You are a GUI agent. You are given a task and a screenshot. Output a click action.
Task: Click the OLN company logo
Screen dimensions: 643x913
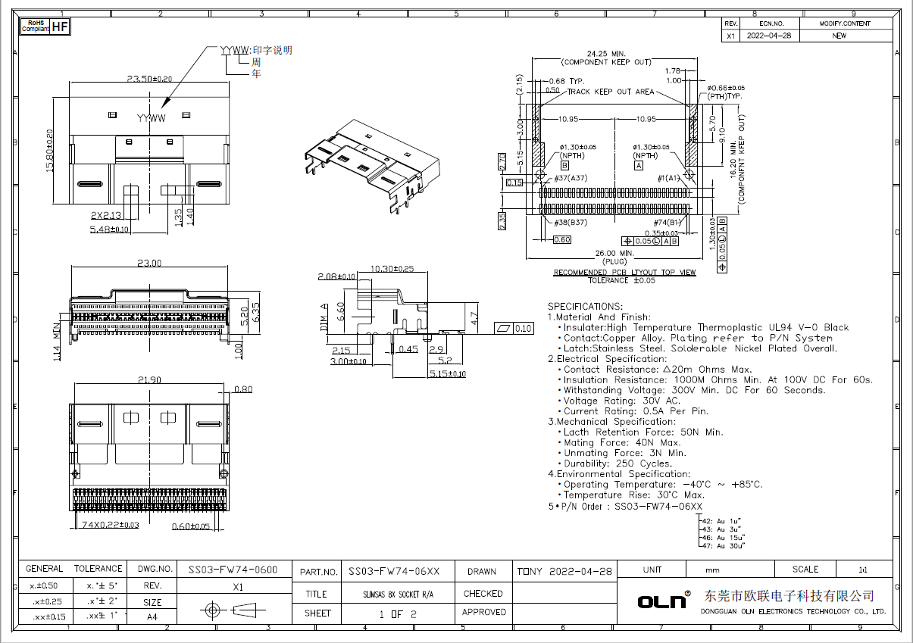coord(661,601)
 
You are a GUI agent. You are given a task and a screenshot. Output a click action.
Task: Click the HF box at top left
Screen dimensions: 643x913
coord(61,27)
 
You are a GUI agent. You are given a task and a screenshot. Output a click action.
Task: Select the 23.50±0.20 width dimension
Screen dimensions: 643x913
coord(149,78)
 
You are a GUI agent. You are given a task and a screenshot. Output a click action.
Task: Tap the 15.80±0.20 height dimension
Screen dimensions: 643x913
coord(51,151)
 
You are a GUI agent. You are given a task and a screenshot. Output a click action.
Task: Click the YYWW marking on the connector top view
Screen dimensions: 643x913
coord(152,119)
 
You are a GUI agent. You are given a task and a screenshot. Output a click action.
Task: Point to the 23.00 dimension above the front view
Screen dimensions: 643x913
coord(149,264)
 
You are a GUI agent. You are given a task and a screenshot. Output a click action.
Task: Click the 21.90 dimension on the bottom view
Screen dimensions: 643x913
coord(149,378)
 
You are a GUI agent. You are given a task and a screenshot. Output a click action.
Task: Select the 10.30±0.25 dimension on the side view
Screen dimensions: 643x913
coord(392,269)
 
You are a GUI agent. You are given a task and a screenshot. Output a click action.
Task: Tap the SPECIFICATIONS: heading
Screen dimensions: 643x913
coord(585,307)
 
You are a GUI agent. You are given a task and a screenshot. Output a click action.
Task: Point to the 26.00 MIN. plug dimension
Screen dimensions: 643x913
coord(614,253)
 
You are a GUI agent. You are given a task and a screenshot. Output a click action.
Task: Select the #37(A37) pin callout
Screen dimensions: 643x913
coord(571,178)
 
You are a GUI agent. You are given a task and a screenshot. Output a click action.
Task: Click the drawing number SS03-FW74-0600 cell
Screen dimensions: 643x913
coord(233,570)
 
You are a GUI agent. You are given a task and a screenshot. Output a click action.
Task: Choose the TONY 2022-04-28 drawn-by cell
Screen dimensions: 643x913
coord(564,570)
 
